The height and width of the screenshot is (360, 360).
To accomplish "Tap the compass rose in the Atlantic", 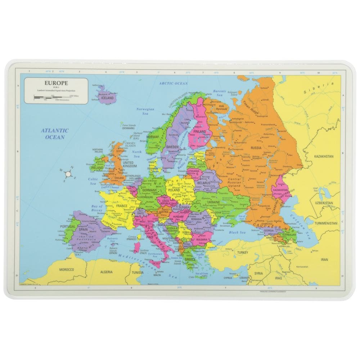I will click(68, 174).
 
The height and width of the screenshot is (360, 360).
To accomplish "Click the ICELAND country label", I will click(107, 98).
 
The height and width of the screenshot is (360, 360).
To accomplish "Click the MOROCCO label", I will click(67, 269).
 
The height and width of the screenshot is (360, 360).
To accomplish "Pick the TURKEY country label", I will click(243, 253).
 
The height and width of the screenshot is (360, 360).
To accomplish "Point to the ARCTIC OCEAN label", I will click(174, 83).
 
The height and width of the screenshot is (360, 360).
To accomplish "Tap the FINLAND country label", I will click(200, 132).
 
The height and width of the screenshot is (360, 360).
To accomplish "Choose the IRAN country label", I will click(325, 259).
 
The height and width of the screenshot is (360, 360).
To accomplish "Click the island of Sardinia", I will click(137, 247).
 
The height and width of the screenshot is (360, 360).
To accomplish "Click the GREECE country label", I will click(190, 259).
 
